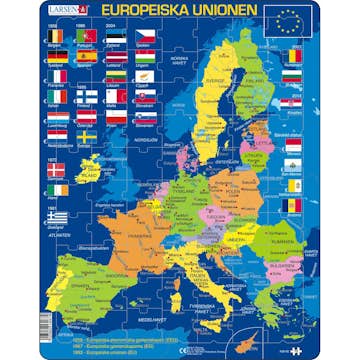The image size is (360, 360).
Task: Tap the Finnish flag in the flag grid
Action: pos(88,95)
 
